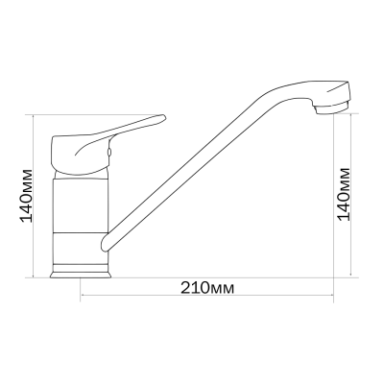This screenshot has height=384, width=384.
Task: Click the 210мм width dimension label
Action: coord(207,288)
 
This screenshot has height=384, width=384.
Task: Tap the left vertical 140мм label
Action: coord(27,196)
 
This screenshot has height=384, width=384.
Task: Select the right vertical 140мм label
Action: coord(344,194)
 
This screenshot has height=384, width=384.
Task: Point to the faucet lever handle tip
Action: coord(163,117)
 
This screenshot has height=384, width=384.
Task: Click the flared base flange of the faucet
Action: coord(81,275)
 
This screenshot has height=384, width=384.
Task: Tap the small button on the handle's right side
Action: coord(109,154)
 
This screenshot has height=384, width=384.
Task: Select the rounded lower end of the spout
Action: coord(105,243)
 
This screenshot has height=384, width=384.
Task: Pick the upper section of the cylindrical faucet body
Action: coord(81,204)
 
